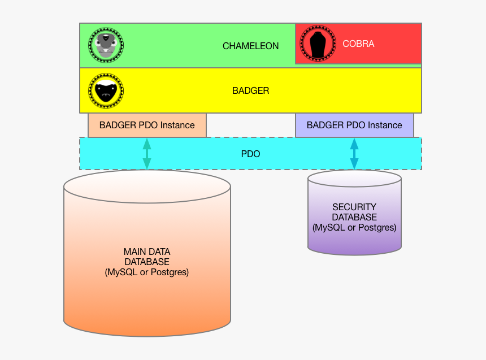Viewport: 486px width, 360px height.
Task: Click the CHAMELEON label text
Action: tap(250, 46)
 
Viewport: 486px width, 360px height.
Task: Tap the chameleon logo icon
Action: tap(106, 45)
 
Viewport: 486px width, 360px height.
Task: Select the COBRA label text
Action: tap(358, 44)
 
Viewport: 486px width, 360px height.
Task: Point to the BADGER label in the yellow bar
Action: tap(250, 90)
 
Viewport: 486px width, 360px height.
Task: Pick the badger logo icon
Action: tap(106, 90)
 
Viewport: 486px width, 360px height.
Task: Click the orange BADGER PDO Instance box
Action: tap(147, 125)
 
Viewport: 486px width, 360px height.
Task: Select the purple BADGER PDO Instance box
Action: tap(354, 125)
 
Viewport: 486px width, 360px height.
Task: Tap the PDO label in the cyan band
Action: tap(250, 154)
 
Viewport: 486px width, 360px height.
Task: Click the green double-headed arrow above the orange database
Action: tap(147, 153)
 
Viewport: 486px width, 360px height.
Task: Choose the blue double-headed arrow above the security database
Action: tap(354, 153)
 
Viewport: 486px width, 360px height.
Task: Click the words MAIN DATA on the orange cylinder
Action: tap(147, 251)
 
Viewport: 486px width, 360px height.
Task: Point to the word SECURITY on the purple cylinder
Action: tap(354, 207)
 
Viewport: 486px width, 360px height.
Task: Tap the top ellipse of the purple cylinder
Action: tap(354, 179)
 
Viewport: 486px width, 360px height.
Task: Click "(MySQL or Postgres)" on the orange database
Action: tap(147, 272)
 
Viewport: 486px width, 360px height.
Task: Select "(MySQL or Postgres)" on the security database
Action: tap(354, 227)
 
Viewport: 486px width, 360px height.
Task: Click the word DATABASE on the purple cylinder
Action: tap(354, 217)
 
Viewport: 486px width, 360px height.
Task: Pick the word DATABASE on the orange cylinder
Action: tap(147, 262)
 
